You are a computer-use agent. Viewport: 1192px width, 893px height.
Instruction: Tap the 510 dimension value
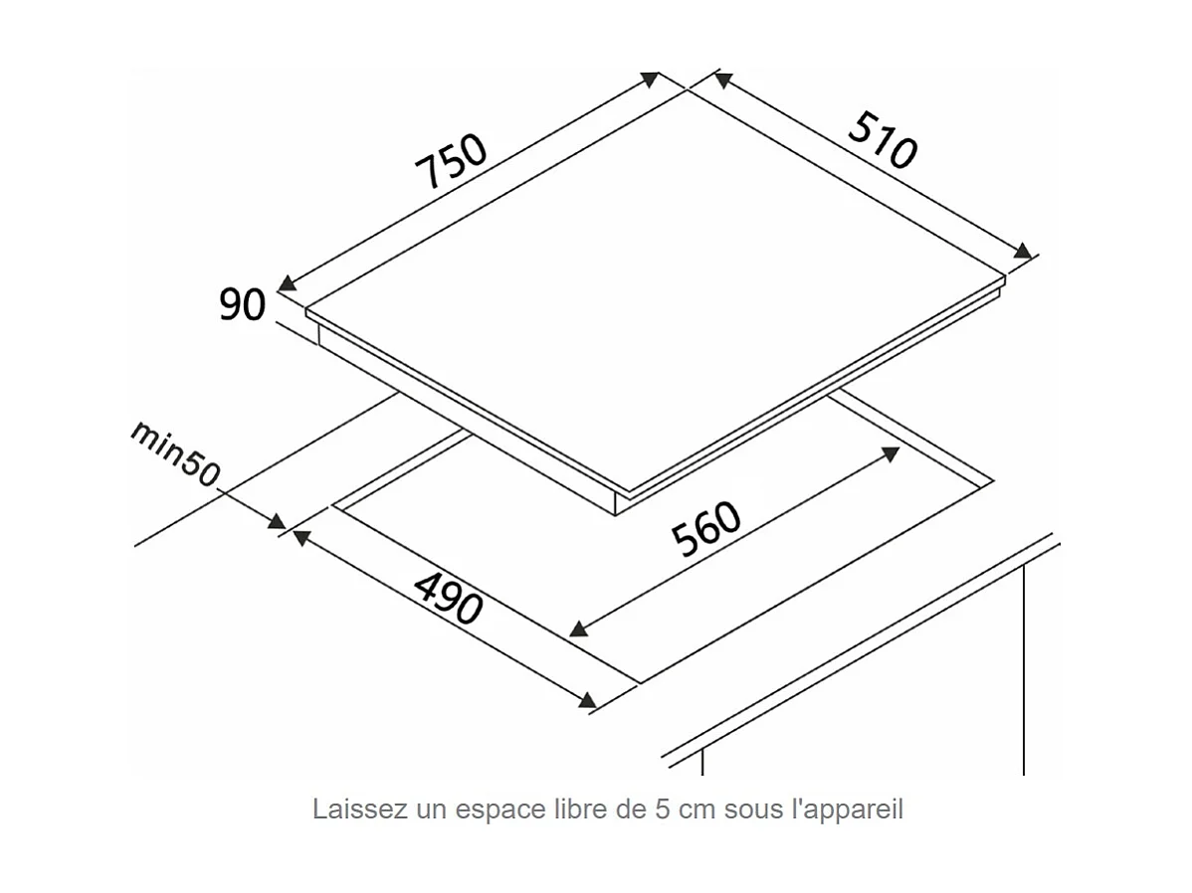[x=882, y=139]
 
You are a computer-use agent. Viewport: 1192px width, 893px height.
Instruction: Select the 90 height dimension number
[x=243, y=304]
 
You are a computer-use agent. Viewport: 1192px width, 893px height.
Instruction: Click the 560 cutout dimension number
[x=707, y=529]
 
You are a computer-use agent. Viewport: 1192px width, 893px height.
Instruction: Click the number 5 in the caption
[x=661, y=809]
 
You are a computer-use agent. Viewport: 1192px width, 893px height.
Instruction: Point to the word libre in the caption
[x=579, y=809]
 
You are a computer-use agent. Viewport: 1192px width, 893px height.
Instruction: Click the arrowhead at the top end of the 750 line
[x=650, y=80]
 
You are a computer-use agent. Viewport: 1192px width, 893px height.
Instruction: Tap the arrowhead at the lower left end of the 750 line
[x=288, y=284]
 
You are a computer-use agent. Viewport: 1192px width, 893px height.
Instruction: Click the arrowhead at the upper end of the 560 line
[x=890, y=453]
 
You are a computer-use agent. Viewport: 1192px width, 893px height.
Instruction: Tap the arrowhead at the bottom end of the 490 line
[x=587, y=700]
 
